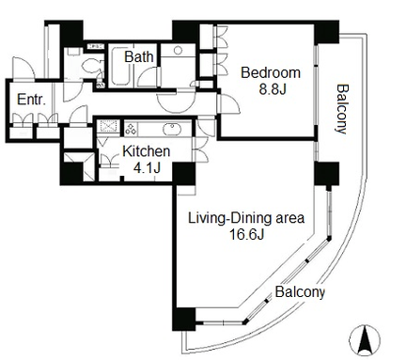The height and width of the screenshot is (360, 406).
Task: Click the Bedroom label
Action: pos(271,73)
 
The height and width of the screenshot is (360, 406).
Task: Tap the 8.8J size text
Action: pos(273,89)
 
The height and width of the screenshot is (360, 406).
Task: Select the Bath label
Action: pos(139,56)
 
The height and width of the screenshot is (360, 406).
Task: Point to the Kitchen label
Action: pos(147,151)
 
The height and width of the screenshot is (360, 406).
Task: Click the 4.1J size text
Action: pos(147,168)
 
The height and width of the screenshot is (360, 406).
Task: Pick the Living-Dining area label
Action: pos(246,218)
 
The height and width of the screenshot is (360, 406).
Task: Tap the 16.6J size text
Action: pos(246,234)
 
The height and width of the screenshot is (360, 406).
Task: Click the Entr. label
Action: pos(31,100)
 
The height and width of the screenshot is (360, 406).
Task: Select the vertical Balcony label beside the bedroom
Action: pos(341,109)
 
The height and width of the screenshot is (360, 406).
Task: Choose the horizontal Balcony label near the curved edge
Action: pos(299,292)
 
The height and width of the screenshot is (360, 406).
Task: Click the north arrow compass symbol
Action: pos(365,340)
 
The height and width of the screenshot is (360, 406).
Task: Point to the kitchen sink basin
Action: pos(171,129)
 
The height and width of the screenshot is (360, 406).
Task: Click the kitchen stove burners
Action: pos(131,129)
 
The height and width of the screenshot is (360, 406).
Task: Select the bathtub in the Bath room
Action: pos(120,66)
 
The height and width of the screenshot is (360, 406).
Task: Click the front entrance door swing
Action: pos(23,67)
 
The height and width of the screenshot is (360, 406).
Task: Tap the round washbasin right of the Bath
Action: pos(178,50)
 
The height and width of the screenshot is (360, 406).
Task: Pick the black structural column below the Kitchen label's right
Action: pos(184,174)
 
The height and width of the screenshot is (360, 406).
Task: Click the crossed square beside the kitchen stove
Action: pos(108,128)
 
